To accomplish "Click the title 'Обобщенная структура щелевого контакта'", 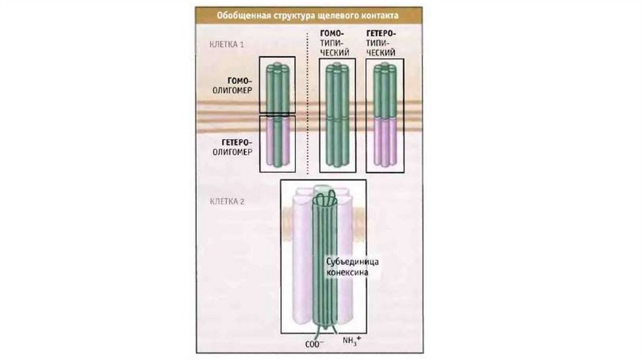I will click(307, 14).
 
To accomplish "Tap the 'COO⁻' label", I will click(313, 343).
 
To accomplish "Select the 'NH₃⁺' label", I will click(352, 342).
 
